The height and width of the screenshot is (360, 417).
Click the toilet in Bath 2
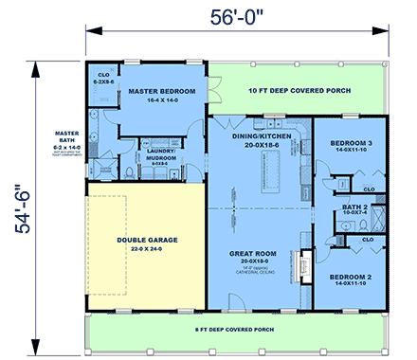(x=339, y=219)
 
